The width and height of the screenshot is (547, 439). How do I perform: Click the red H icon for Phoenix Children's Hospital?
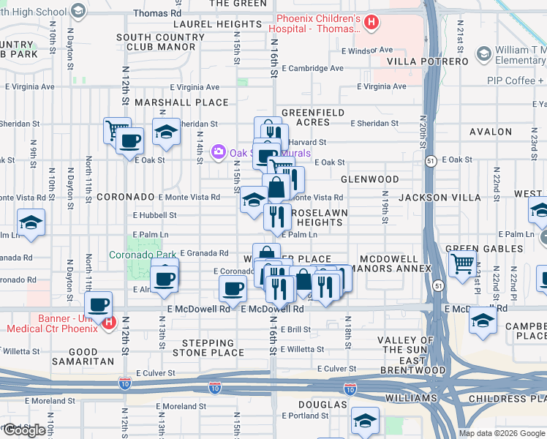[371, 23]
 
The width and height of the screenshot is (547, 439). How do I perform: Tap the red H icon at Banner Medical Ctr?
[108, 322]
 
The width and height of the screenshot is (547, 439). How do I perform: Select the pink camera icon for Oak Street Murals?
[217, 152]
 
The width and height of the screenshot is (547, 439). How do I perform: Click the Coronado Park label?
[143, 255]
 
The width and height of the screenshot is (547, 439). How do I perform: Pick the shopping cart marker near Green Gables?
[463, 263]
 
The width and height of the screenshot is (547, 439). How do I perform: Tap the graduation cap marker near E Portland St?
[365, 420]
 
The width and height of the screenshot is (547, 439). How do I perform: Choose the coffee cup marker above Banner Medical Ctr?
[99, 304]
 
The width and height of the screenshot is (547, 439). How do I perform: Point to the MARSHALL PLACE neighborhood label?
[172, 102]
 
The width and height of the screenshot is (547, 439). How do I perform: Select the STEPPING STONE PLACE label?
[208, 348]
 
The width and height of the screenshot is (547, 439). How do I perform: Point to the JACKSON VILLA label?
[440, 198]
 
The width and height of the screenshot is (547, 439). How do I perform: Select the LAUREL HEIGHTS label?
[218, 24]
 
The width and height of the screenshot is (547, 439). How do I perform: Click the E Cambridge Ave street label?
[312, 68]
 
